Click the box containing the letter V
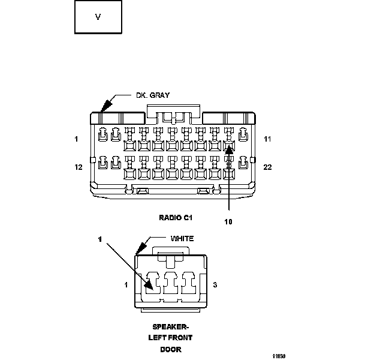click(x=98, y=17)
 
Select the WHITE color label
click(x=182, y=238)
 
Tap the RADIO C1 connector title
click(x=176, y=217)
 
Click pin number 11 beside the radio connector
click(x=267, y=139)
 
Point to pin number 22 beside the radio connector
click(x=267, y=167)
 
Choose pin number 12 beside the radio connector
click(x=78, y=167)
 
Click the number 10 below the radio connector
click(x=228, y=221)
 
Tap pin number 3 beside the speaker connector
click(x=215, y=285)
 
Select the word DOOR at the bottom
click(x=170, y=349)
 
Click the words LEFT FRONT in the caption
click(x=170, y=338)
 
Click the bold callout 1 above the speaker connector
click(x=100, y=239)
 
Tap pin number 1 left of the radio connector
click(x=77, y=139)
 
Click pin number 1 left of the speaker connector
click(x=126, y=285)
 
